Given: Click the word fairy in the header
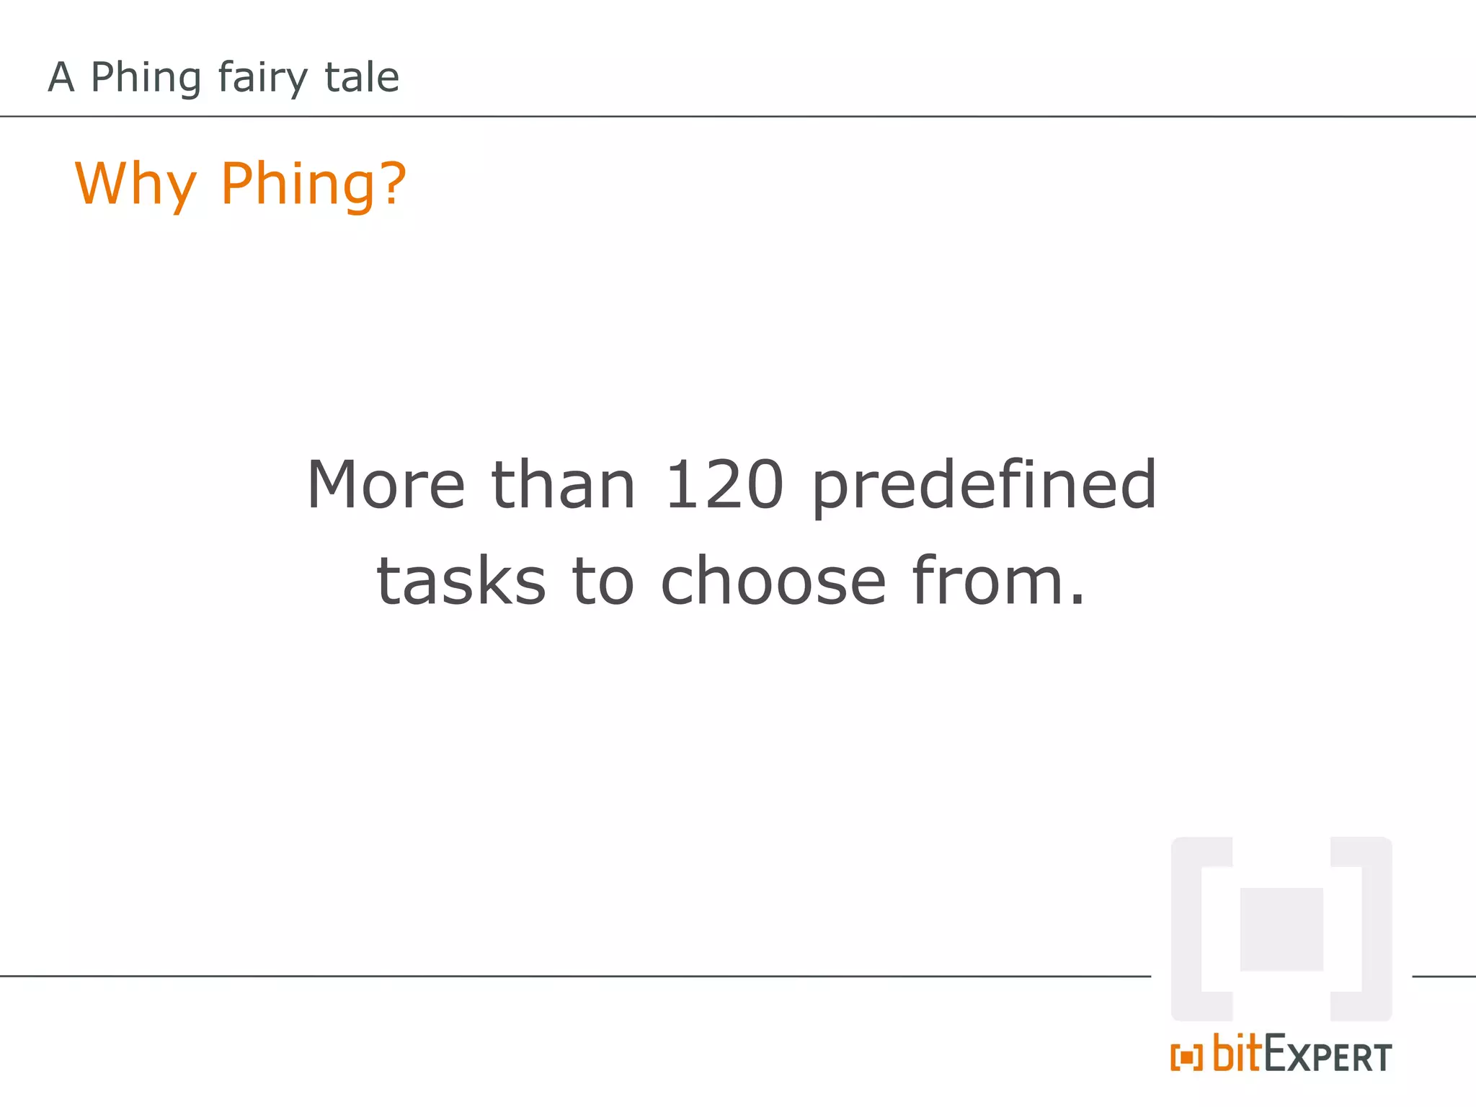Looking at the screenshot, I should (262, 78).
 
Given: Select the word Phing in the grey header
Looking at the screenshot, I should (146, 78).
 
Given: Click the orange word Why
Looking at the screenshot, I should (135, 184).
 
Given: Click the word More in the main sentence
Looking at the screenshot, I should (386, 484).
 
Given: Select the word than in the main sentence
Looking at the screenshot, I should (563, 484).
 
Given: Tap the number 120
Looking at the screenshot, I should (724, 484).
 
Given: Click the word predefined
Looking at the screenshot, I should (984, 486).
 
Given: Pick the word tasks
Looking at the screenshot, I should (461, 581).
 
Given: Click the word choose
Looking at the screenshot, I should (773, 581).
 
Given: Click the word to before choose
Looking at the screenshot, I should (603, 581).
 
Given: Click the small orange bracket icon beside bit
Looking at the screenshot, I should (1186, 1057).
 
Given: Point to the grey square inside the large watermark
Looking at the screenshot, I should (1281, 929).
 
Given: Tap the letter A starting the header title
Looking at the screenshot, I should (61, 78).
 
